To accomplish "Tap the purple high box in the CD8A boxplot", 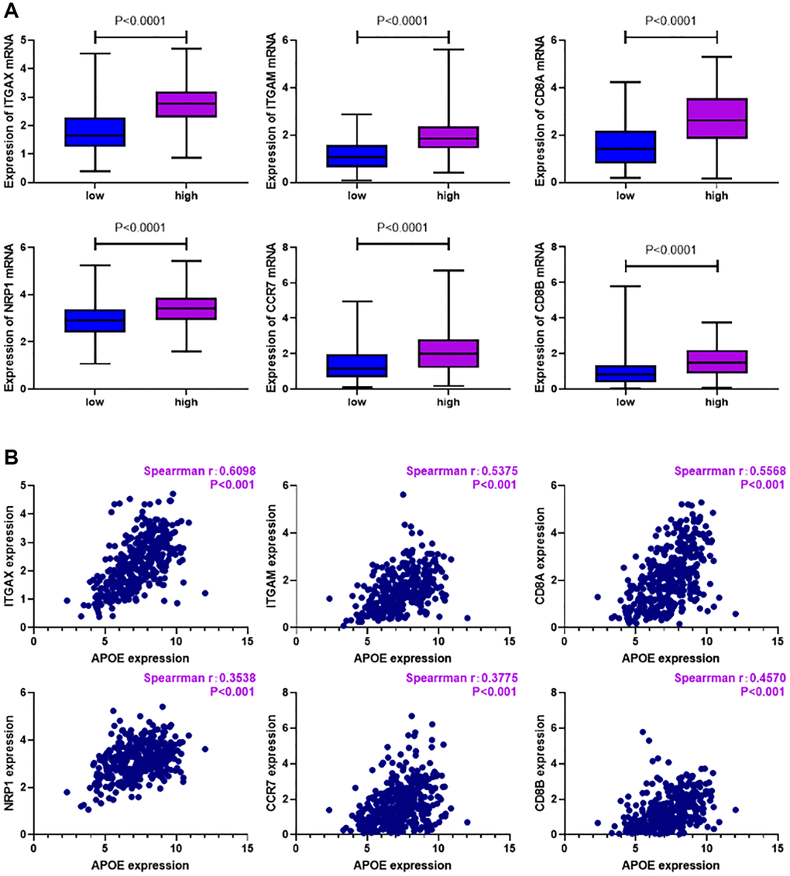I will point(717,118).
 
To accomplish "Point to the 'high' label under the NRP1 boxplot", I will point(187,402).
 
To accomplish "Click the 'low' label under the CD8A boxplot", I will point(625,196).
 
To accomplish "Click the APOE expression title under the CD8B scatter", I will point(671,865).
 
